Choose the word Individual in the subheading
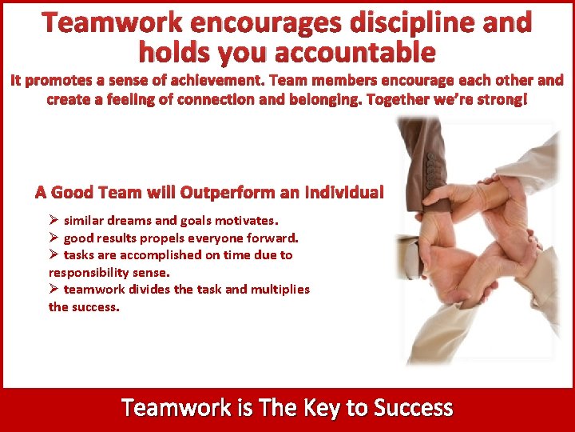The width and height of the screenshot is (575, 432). pos(346,193)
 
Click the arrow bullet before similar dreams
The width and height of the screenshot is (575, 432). pos(54,220)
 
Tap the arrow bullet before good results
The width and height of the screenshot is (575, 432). pos(54,238)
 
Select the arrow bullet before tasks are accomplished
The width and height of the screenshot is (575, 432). pos(54,255)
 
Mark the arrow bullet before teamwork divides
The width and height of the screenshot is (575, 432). pos(54,290)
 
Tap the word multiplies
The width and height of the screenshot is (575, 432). pos(280,290)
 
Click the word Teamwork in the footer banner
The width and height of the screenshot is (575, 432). pos(176,409)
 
